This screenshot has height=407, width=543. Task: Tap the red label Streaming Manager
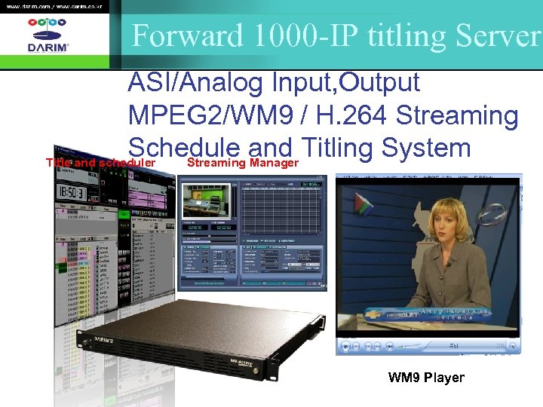tap(243, 163)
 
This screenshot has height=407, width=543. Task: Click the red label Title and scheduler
tap(100, 163)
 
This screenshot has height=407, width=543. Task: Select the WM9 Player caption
tap(426, 377)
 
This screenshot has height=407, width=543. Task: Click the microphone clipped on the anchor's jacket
tap(447, 264)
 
